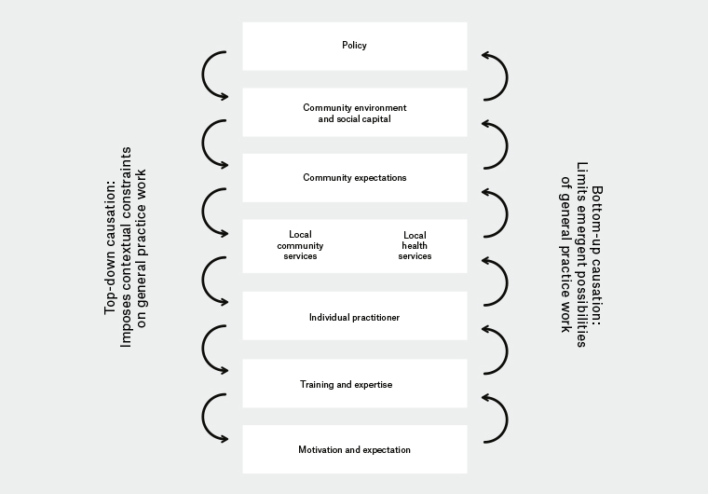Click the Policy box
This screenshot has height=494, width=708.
click(354, 46)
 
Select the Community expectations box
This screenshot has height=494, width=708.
click(354, 177)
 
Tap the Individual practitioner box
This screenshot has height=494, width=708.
click(354, 317)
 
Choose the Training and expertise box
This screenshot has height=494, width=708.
click(354, 384)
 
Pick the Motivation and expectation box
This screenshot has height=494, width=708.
click(354, 449)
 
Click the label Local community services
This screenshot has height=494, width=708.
click(300, 245)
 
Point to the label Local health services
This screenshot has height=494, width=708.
click(415, 245)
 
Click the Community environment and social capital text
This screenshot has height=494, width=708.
click(354, 114)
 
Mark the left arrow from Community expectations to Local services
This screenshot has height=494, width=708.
click(214, 213)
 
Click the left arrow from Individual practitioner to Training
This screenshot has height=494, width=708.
click(214, 350)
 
